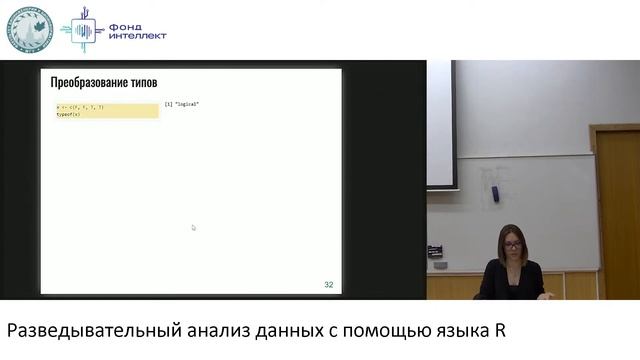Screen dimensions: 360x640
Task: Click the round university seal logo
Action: click(31, 29)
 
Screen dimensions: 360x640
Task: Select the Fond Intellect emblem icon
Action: click(83, 29)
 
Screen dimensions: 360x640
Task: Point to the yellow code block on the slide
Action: click(106, 110)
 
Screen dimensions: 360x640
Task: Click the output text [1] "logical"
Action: click(182, 104)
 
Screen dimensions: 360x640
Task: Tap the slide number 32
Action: click(328, 285)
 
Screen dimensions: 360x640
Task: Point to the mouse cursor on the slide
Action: click(193, 227)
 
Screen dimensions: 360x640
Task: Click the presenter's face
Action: click(512, 243)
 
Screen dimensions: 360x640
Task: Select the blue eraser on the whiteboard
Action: click(494, 193)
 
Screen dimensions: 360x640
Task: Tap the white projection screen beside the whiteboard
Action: click(440, 125)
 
